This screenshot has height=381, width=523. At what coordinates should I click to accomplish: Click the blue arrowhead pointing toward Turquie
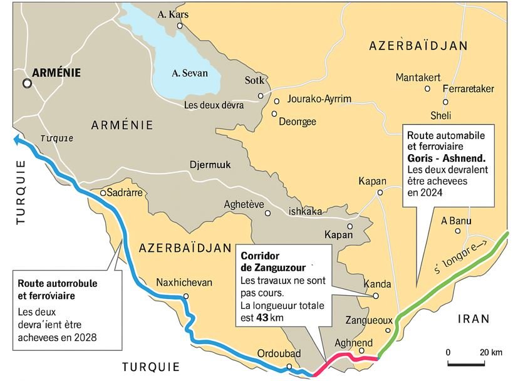click(16, 140)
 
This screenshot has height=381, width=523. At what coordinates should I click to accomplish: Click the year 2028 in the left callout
click(92, 338)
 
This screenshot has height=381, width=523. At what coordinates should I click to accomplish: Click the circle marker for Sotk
click(261, 96)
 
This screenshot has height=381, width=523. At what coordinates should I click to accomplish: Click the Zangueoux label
click(368, 320)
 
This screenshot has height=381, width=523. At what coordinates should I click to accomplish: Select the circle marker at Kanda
click(376, 296)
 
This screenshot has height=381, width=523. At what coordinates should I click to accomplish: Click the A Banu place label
click(456, 221)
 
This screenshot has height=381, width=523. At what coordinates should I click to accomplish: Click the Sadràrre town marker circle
click(103, 192)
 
